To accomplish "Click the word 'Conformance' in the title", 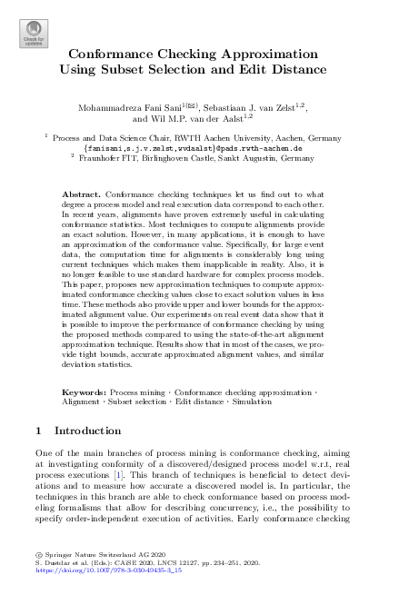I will pos(112,54).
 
